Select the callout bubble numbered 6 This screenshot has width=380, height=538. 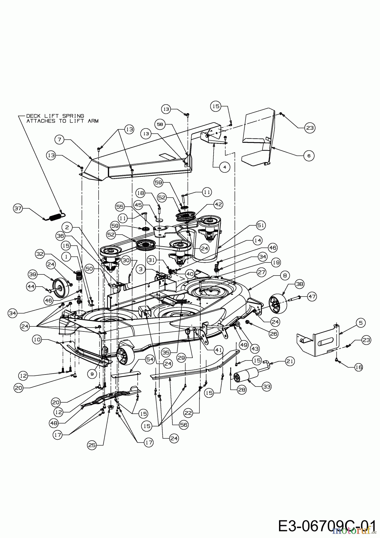tap(309, 155)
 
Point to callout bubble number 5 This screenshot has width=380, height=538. tap(361, 323)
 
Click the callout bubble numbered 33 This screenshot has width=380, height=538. tap(266, 386)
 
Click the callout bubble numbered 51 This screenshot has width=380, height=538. tap(261, 226)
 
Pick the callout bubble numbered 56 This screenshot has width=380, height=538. tap(184, 424)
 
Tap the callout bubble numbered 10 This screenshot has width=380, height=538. tap(37, 340)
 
